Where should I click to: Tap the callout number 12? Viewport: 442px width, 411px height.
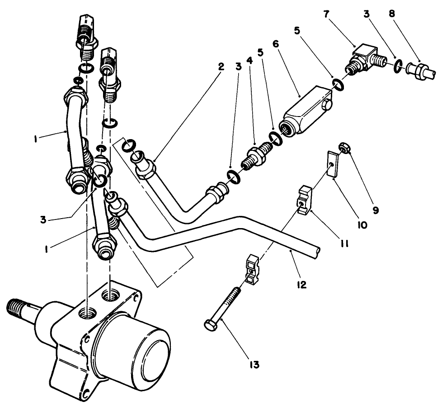pyautogui.click(x=302, y=285)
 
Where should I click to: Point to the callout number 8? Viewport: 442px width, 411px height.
pyautogui.click(x=391, y=14)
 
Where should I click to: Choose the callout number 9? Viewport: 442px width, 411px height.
pyautogui.click(x=376, y=210)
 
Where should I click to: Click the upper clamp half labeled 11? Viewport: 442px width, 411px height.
pyautogui.click(x=306, y=199)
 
